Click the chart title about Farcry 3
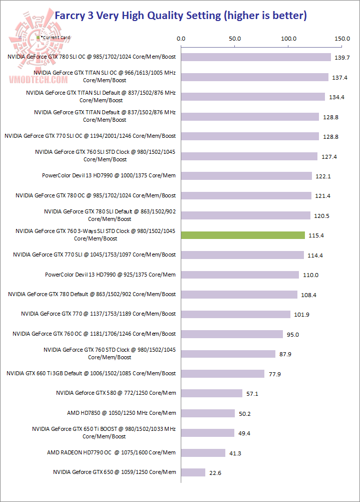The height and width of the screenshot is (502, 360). coord(180,16)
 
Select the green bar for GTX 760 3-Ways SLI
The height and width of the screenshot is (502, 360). coord(242,235)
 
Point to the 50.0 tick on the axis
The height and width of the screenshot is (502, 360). coord(234,38)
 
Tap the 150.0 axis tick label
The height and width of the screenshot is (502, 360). coord(342,38)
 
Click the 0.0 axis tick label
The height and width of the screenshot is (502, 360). coord(181,38)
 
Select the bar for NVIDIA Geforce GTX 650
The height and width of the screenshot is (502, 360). coord(193,472)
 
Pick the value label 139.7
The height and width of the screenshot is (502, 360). coord(342,58)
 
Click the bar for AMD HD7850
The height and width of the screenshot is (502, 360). coord(208,413)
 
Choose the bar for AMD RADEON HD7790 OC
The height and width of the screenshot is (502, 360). coord(203,453)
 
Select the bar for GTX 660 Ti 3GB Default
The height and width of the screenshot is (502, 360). coord(222,374)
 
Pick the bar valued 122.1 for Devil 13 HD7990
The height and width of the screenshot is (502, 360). coord(246,176)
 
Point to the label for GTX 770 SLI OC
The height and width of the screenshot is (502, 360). coord(90,136)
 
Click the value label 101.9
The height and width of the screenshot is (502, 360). coord(301,315)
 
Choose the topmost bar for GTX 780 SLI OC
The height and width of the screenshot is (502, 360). coord(255,57)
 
